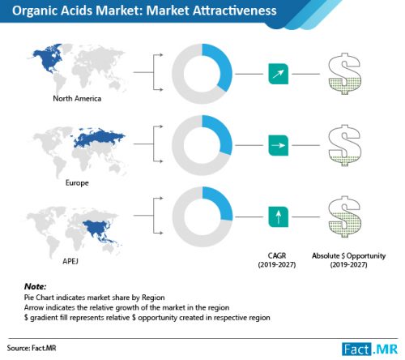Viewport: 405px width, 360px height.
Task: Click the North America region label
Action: click(x=77, y=98)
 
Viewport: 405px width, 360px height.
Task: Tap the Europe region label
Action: click(x=77, y=182)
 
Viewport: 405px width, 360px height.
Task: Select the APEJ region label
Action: click(x=70, y=261)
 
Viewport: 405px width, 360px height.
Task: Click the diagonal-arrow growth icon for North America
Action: click(x=279, y=74)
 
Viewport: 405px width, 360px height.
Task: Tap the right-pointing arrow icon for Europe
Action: click(x=279, y=145)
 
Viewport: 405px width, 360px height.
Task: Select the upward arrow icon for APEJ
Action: click(x=279, y=216)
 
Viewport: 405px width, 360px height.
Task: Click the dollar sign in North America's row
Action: click(x=344, y=74)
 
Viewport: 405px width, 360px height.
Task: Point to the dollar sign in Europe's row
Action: click(x=344, y=145)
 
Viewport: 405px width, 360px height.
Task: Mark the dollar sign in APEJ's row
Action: click(x=344, y=216)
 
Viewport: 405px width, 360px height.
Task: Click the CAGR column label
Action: click(x=277, y=259)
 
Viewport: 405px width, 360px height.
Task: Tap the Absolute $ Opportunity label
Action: click(x=348, y=259)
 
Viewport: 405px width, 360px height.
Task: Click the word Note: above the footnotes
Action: click(x=35, y=286)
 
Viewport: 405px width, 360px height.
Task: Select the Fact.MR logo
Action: click(x=370, y=349)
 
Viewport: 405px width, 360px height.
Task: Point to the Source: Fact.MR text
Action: click(x=32, y=348)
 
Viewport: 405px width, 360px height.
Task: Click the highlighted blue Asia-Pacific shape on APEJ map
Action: click(x=100, y=230)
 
